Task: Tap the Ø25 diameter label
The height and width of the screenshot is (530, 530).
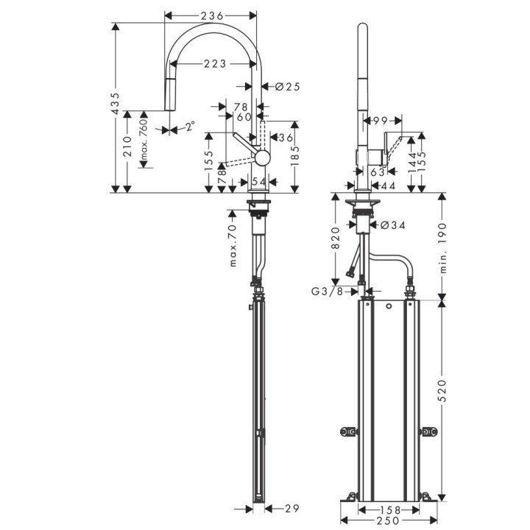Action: point(287,87)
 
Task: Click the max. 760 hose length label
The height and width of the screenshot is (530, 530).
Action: point(144,140)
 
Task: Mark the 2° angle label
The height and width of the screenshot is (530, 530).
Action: point(191,127)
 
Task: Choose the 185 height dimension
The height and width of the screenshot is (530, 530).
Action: point(294,155)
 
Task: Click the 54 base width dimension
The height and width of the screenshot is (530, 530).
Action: point(259,181)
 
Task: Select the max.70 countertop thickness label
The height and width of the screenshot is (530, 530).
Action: point(233,245)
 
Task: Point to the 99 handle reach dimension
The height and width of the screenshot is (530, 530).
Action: point(380,120)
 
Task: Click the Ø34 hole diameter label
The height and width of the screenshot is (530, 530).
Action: point(393,225)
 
